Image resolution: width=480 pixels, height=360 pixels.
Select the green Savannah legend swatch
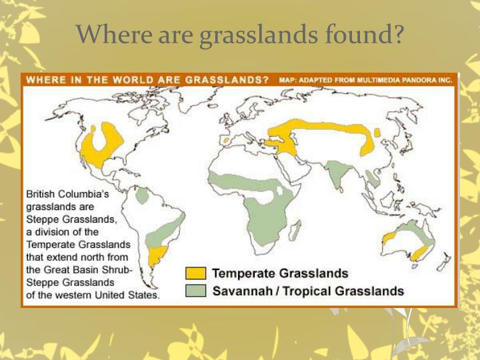[x=195, y=291]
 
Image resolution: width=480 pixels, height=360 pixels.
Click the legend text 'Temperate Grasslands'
[x=280, y=274]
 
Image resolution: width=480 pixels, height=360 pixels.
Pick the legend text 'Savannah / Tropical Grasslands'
[x=308, y=291]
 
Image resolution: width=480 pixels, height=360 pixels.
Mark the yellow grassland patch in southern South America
[x=157, y=255]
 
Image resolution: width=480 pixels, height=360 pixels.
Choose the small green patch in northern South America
[x=141, y=195]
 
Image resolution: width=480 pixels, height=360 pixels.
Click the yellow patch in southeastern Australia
[x=421, y=252]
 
